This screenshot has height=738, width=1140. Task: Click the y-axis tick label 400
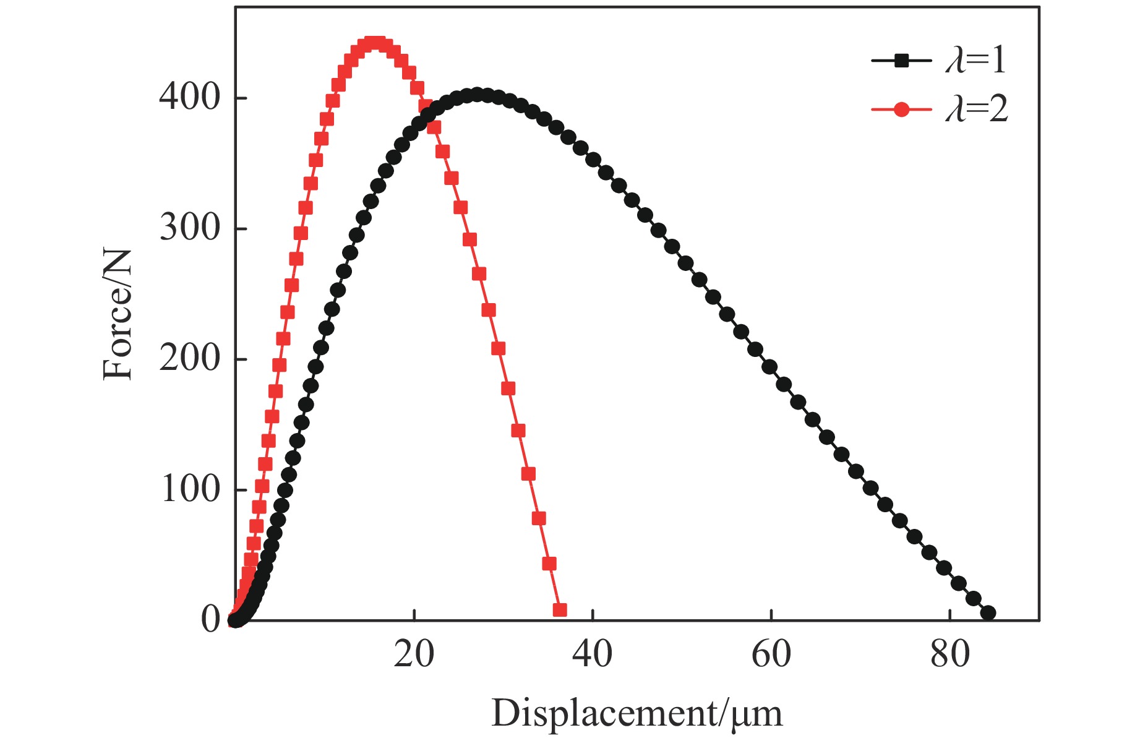coord(189,98)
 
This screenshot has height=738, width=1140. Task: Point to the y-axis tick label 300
coord(189,228)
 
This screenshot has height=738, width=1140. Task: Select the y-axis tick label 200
coord(189,359)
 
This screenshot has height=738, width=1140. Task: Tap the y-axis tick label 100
coord(189,489)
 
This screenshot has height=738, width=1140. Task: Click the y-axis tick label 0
coord(210,620)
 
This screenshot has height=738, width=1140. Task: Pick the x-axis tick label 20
coord(414,654)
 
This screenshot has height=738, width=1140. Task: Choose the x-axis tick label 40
coord(593,654)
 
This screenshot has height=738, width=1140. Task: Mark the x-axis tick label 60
coord(771,654)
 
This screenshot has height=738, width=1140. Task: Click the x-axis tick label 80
coord(950,654)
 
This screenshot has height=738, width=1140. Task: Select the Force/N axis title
coord(118,314)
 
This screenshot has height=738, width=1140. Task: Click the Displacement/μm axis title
coord(636,713)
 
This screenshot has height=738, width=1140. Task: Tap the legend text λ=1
coord(977,61)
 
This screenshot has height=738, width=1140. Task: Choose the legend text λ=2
coord(977,109)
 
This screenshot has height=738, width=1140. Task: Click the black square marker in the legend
coord(901,61)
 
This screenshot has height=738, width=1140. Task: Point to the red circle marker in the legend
coord(901,109)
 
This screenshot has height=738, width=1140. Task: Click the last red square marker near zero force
coord(559,610)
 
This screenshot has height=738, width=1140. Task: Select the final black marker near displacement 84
coord(988,613)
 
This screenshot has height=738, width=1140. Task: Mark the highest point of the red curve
coord(375,43)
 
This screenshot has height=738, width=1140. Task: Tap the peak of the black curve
coord(476,95)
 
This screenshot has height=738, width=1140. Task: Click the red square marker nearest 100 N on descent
coord(528,474)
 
